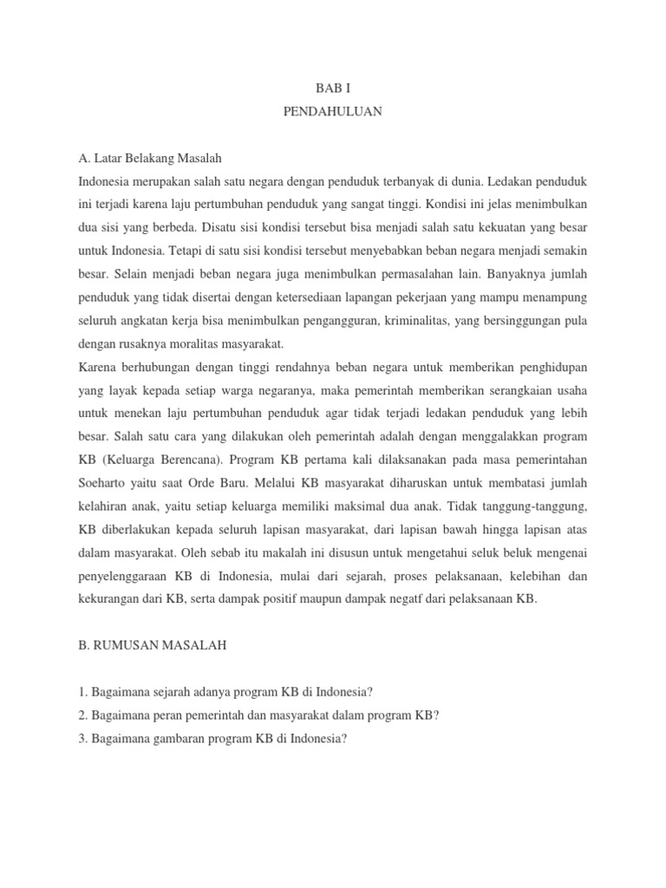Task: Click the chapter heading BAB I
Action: click(x=332, y=88)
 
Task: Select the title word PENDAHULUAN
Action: click(x=332, y=112)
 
